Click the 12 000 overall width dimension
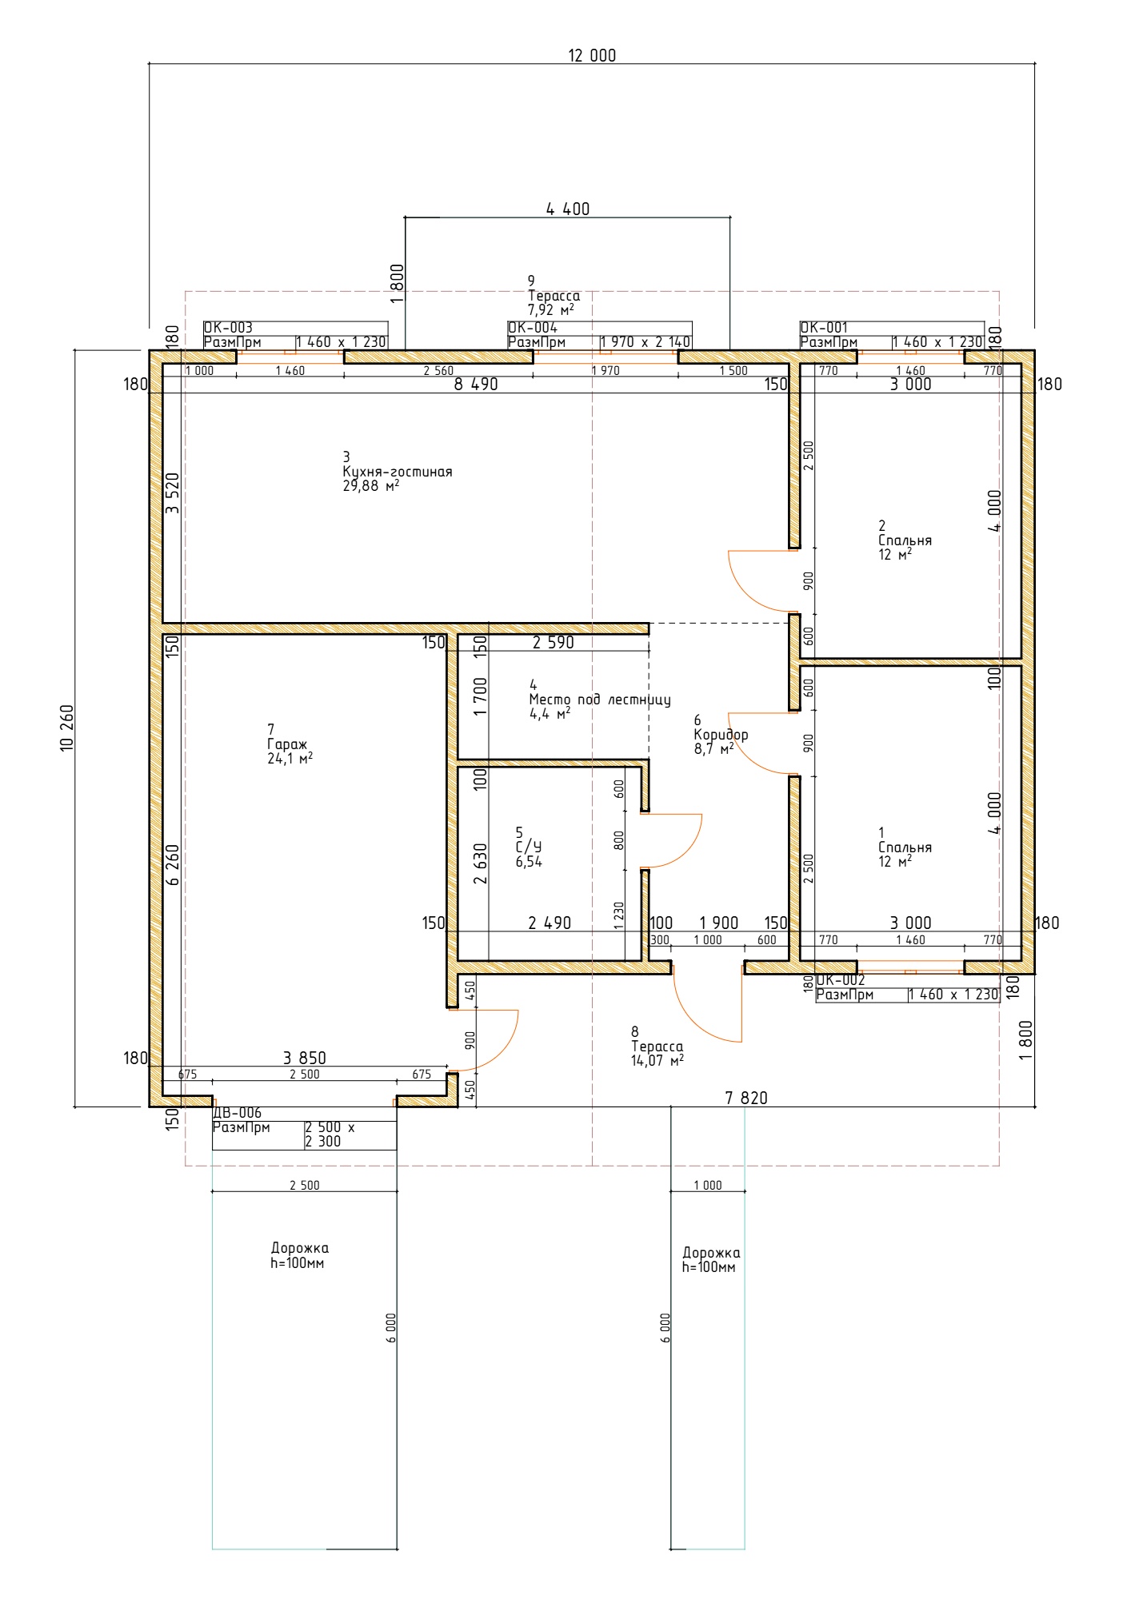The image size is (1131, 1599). (x=592, y=55)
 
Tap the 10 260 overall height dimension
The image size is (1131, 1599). (x=66, y=728)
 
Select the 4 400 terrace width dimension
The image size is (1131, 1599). (x=568, y=209)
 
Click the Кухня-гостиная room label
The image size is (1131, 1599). (x=398, y=472)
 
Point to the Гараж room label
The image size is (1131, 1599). (x=287, y=744)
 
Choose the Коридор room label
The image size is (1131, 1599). (x=721, y=735)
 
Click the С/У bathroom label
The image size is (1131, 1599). (x=529, y=847)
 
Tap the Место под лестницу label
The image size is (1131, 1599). (x=600, y=700)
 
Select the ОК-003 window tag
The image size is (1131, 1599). (x=228, y=328)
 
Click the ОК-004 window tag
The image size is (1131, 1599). (x=533, y=328)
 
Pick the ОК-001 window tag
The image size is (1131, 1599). (x=824, y=328)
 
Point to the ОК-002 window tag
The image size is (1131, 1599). (x=841, y=980)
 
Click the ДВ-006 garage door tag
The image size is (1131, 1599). (x=237, y=1113)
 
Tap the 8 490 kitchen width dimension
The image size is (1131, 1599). (x=476, y=385)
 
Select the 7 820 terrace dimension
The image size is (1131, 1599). (x=746, y=1099)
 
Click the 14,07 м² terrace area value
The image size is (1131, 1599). (x=657, y=1061)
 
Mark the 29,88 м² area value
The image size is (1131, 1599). (x=371, y=485)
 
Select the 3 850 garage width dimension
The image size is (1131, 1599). (x=305, y=1059)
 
